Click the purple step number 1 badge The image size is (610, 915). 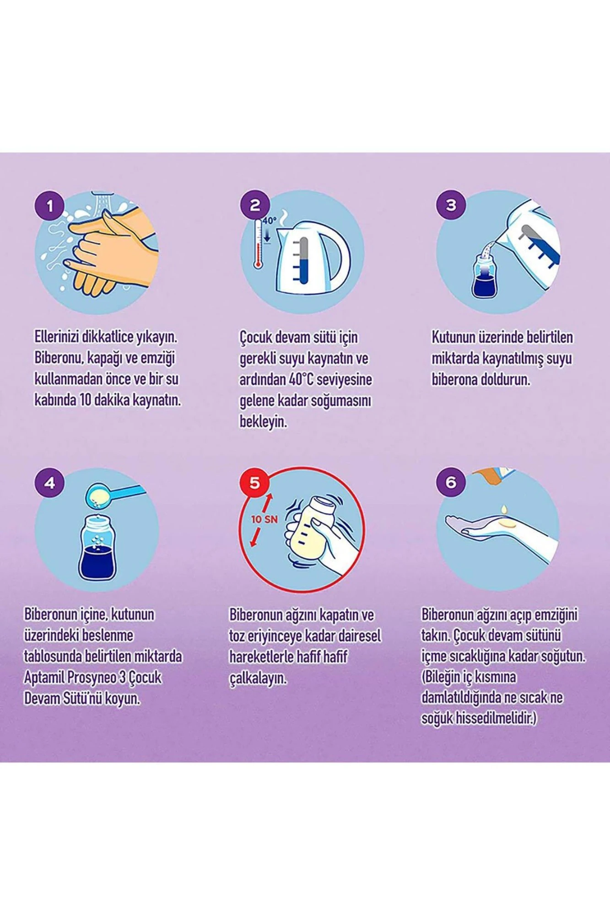(50, 206)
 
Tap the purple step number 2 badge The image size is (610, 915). (255, 205)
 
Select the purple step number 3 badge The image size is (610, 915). (451, 205)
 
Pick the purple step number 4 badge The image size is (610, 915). (50, 483)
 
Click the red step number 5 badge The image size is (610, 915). (255, 482)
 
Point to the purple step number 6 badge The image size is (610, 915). (451, 482)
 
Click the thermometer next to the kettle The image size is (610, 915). (258, 245)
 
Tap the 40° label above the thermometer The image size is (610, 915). (270, 221)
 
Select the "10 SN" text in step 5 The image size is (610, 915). (265, 519)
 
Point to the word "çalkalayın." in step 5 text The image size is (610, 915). (258, 678)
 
